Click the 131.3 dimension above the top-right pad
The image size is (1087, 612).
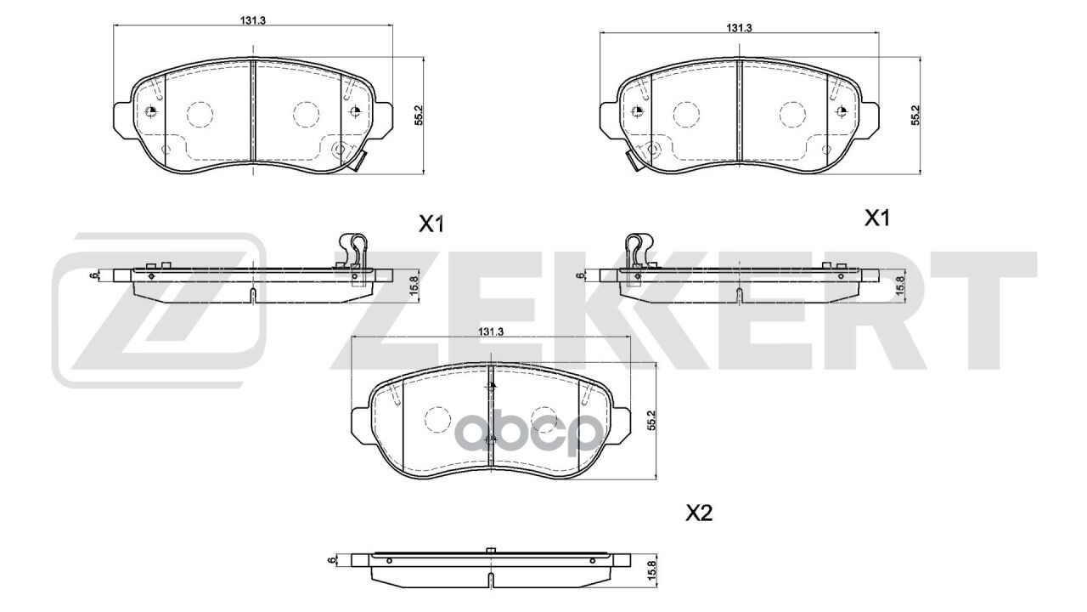740,27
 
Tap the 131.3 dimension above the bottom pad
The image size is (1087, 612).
492,331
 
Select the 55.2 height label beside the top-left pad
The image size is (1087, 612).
419,116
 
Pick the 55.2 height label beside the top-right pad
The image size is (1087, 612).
915,116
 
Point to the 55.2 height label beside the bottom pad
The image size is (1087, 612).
652,421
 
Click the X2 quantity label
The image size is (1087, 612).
699,513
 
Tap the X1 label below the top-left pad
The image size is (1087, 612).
431,224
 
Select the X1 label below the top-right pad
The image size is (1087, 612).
876,218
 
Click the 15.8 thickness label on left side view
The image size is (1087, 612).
414,283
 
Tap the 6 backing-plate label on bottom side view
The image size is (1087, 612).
329,560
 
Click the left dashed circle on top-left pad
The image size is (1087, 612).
199,113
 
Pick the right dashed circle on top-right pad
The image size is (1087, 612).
791,113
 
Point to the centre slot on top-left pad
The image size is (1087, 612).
254,110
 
